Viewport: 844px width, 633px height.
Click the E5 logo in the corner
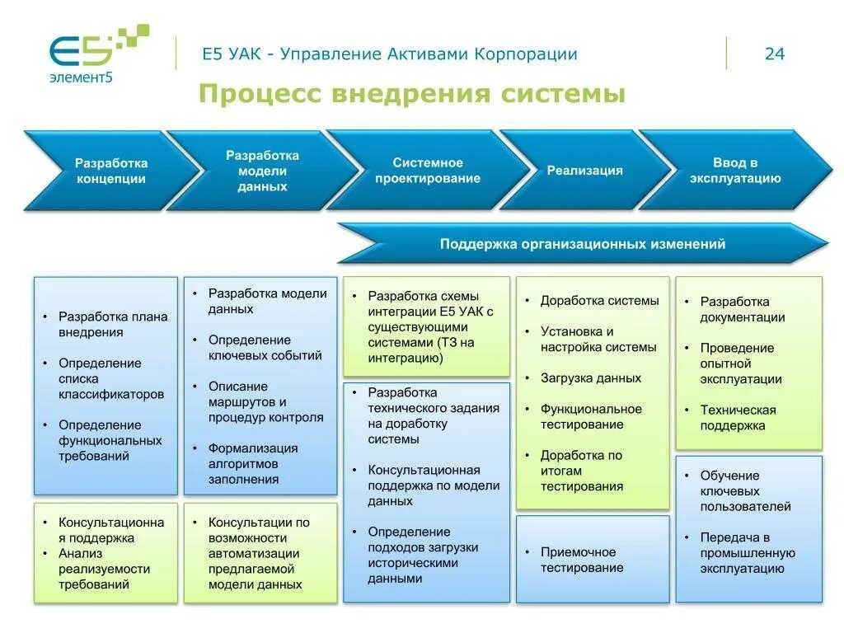[95, 54]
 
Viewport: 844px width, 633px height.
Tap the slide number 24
[774, 54]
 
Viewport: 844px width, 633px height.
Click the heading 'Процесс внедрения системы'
[411, 94]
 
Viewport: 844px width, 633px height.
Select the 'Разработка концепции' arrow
[110, 171]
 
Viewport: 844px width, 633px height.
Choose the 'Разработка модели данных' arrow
[262, 171]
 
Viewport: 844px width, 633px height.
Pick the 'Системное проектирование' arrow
[427, 171]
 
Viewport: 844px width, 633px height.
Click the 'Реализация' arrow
[584, 171]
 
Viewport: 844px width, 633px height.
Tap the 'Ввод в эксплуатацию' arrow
[734, 171]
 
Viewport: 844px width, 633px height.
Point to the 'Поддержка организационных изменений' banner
[582, 244]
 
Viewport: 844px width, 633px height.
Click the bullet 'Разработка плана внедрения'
[112, 324]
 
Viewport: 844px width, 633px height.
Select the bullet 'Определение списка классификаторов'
[110, 378]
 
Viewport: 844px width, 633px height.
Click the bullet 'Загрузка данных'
[590, 378]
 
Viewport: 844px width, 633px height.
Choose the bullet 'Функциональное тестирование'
[590, 416]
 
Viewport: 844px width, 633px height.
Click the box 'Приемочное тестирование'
[592, 560]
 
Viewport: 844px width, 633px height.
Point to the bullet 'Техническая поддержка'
[738, 417]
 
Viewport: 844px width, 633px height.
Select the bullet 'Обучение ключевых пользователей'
[745, 490]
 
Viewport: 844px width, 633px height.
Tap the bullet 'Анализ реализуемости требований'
[103, 569]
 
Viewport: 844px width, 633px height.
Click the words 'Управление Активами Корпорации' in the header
[428, 54]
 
